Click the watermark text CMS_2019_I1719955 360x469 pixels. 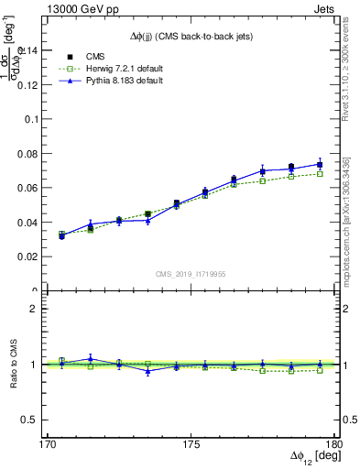pyautogui.click(x=191, y=274)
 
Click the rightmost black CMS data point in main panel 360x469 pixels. pyautogui.click(x=320, y=165)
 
